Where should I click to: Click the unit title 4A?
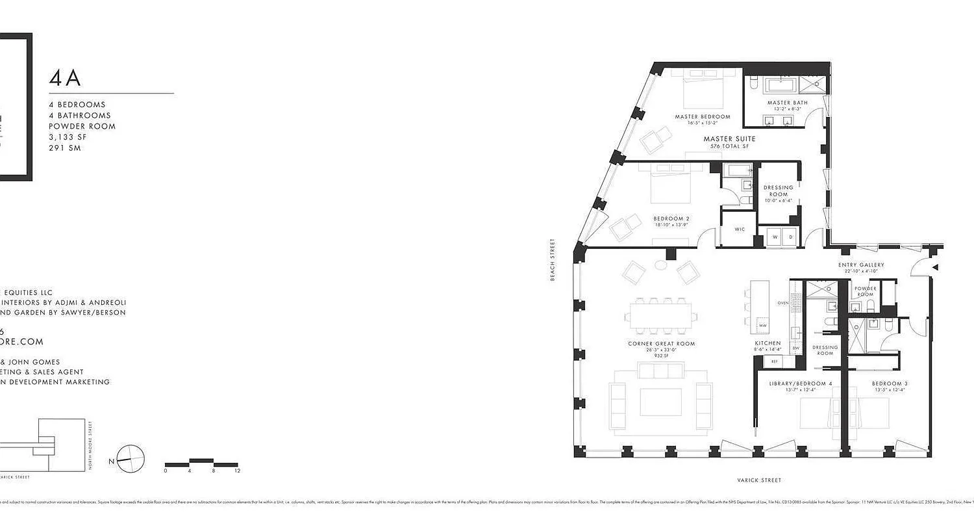(65, 78)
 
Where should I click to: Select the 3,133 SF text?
(68, 137)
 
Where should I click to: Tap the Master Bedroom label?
(702, 117)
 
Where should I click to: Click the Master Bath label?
(787, 103)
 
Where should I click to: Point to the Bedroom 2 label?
(671, 218)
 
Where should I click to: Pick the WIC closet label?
(739, 229)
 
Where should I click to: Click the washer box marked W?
(774, 237)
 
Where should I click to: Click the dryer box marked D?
(790, 237)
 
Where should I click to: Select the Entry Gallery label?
(861, 265)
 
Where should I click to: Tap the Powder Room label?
(865, 291)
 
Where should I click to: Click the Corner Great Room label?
(661, 344)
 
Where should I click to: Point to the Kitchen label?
(767, 343)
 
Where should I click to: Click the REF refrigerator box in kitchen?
(774, 361)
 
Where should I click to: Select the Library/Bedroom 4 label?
(800, 383)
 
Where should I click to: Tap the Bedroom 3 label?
(890, 383)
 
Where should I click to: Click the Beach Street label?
(553, 259)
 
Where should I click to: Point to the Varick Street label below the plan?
(759, 480)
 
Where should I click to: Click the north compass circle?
(131, 458)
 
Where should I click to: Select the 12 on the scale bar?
(237, 471)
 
